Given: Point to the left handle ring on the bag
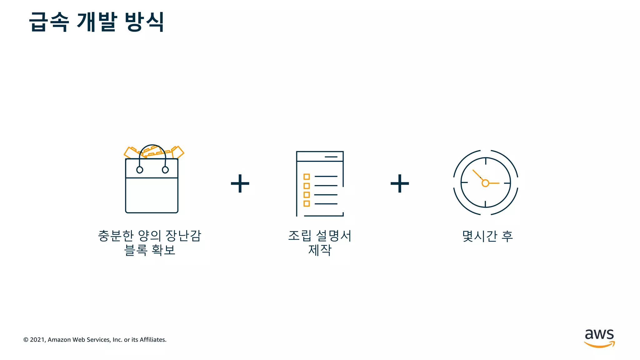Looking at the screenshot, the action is (140, 170).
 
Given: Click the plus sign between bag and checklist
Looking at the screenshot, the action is (240, 183).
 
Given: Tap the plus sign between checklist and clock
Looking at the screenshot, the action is (400, 183).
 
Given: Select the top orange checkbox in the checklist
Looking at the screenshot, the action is (307, 177).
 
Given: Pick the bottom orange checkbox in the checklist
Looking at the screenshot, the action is (307, 203).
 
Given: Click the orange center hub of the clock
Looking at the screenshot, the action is (485, 183).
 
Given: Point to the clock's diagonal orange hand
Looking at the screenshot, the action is (478, 175).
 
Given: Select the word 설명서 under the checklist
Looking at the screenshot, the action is (334, 236).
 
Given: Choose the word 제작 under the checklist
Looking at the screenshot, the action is (320, 250).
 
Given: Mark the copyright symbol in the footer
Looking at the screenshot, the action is (26, 340).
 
